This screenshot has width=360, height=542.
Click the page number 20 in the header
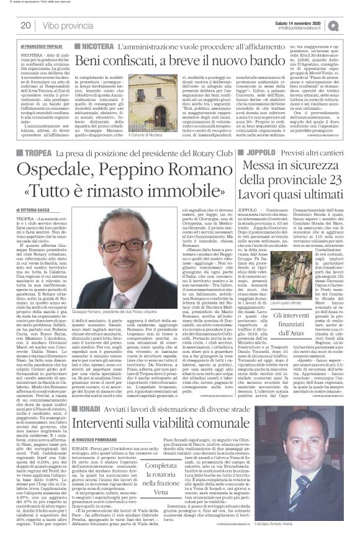[x=25, y=25]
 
